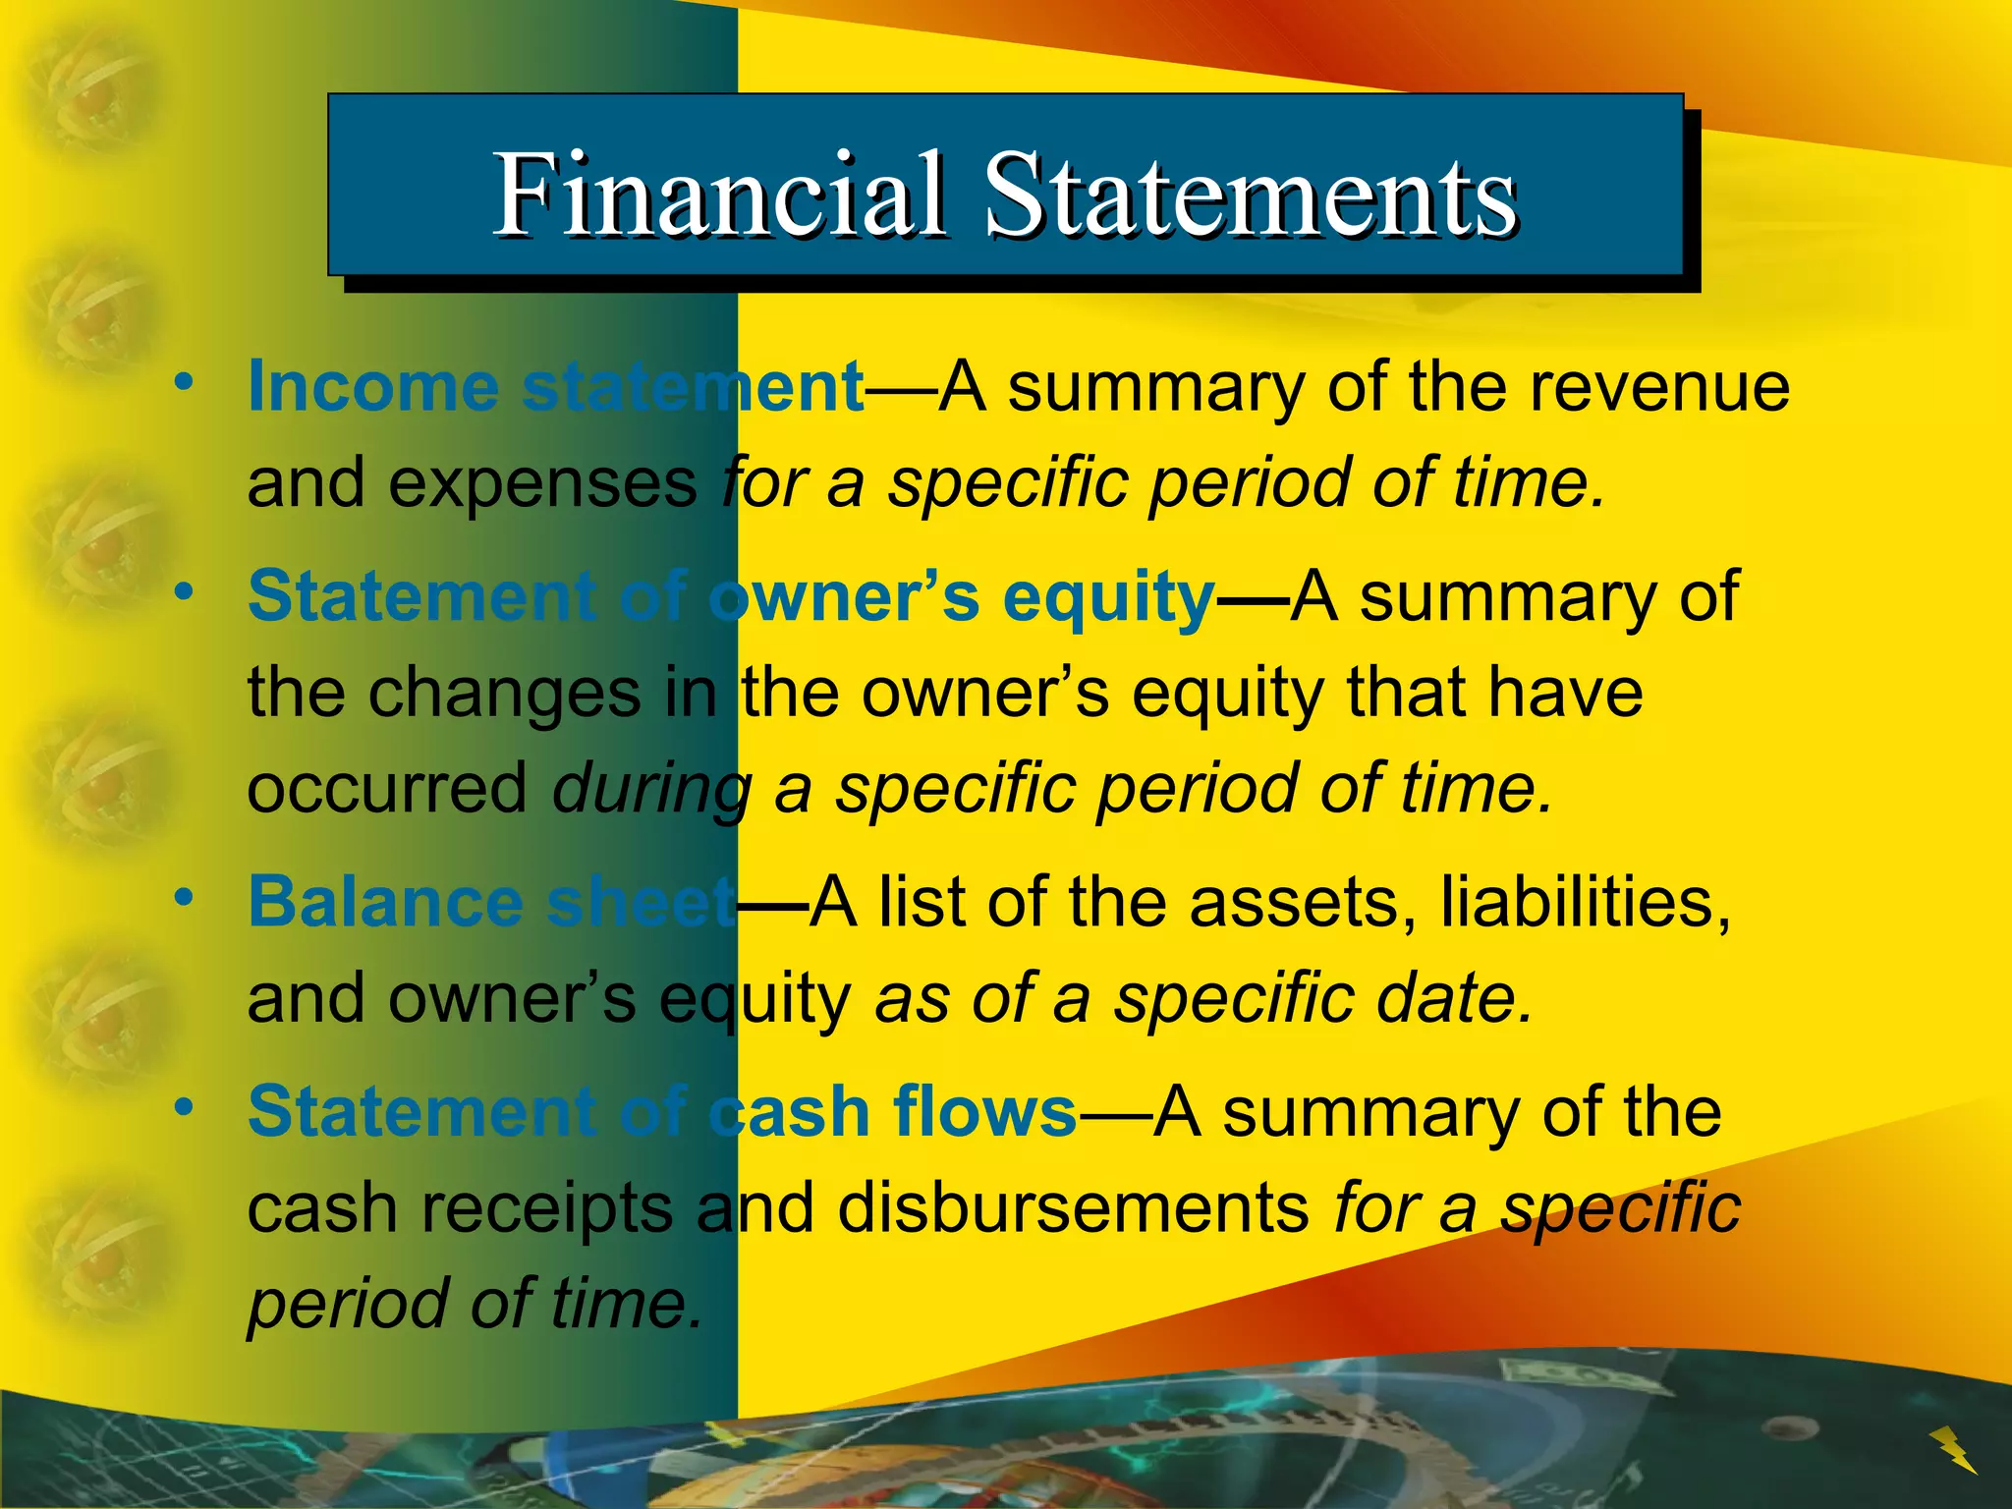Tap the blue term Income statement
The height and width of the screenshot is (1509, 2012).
(x=555, y=386)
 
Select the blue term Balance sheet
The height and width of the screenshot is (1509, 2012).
(x=490, y=902)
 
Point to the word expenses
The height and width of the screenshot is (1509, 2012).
(x=542, y=483)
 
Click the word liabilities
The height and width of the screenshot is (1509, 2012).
(x=1585, y=902)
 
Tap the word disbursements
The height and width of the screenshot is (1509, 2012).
(x=1073, y=1207)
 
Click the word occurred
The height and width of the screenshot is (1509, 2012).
(x=387, y=788)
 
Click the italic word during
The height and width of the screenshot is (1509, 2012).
(x=652, y=790)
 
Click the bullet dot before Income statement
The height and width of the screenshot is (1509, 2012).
(x=183, y=382)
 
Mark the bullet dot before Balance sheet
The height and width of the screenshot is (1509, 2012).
(x=183, y=897)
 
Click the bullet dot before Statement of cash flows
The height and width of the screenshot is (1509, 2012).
(x=183, y=1107)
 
